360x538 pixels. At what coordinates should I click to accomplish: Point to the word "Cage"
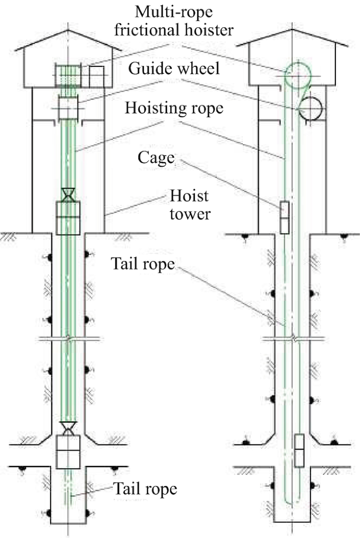coord(156,158)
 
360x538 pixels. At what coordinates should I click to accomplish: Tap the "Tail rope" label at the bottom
coord(146,489)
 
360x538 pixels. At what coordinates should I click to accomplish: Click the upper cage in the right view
coord(284,217)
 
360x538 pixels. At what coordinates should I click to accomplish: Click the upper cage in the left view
coord(67,218)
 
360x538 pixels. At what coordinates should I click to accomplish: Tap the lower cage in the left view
coord(67,451)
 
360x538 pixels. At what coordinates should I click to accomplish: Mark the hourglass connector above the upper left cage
coord(67,195)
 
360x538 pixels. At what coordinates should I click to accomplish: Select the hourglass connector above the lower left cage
coord(67,428)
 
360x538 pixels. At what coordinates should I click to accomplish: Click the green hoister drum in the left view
coord(67,75)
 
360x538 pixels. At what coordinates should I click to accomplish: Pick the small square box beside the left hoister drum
coord(96,76)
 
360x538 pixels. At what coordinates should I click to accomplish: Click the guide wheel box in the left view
coord(67,109)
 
